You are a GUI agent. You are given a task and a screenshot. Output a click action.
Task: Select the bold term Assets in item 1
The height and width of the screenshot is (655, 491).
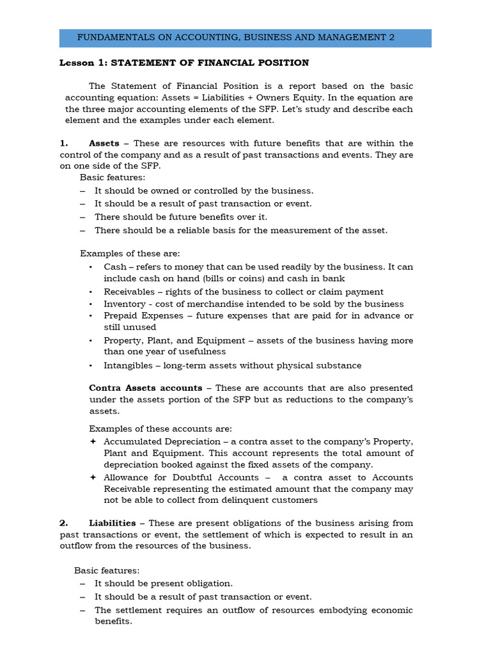click(x=104, y=143)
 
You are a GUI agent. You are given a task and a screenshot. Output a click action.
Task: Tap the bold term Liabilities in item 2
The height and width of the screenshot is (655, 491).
click(x=112, y=523)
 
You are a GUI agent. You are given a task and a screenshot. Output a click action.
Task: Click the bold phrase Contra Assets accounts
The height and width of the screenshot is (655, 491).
click(x=145, y=388)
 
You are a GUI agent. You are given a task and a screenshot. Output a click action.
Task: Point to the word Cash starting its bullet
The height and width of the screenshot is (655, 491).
click(x=115, y=267)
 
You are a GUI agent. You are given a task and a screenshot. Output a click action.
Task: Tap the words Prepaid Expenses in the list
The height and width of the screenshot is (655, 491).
click(x=144, y=316)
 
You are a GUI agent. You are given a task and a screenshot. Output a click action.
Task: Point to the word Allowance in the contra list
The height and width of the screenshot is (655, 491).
click(x=128, y=477)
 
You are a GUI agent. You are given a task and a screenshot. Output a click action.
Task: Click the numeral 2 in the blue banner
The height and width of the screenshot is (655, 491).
click(x=391, y=38)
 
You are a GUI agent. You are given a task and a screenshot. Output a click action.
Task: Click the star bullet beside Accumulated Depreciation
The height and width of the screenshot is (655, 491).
click(x=93, y=441)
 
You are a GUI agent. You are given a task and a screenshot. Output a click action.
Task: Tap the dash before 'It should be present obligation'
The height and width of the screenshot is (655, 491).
click(x=83, y=583)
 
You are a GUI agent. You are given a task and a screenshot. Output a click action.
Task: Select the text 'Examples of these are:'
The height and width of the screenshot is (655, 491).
click(x=130, y=253)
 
